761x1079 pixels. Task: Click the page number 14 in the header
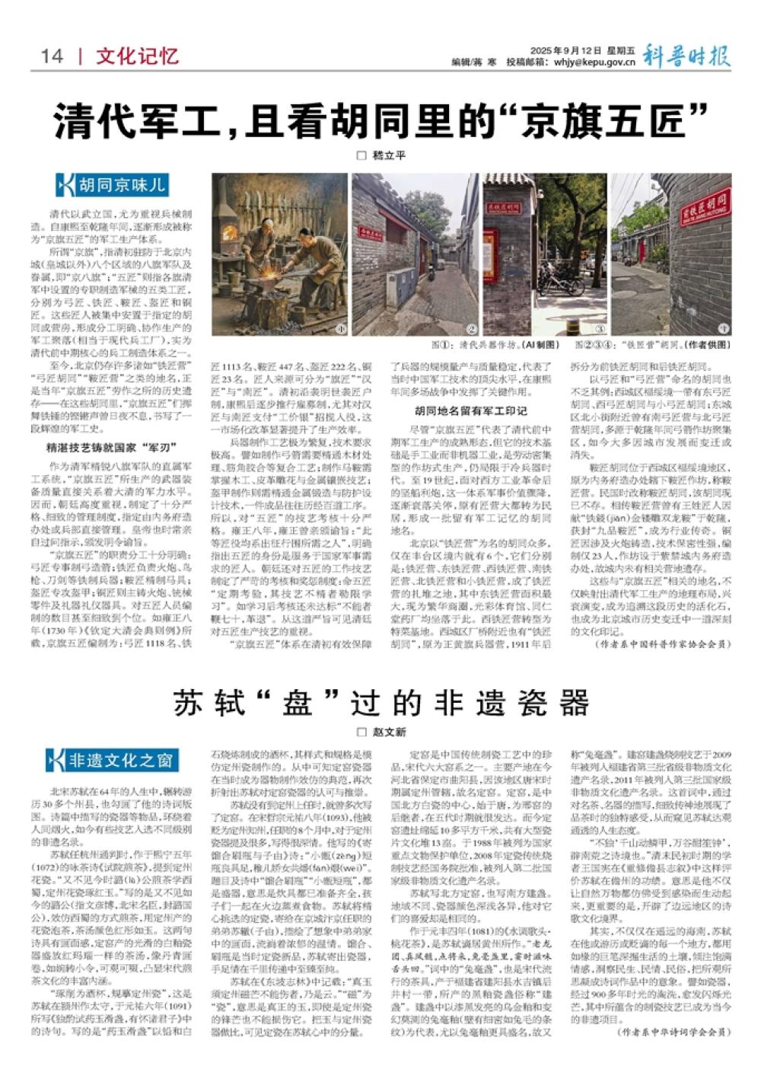tap(52, 56)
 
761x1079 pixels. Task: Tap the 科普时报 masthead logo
tap(686, 55)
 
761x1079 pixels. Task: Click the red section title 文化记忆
tap(137, 56)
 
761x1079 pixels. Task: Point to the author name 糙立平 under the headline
tap(389, 155)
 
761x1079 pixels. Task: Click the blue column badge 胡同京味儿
tap(112, 185)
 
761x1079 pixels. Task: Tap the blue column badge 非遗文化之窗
tap(112, 759)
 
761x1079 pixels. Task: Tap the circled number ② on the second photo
tap(472, 329)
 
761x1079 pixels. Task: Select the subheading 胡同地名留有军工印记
tap(476, 412)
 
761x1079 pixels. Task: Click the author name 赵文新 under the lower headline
tap(389, 732)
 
